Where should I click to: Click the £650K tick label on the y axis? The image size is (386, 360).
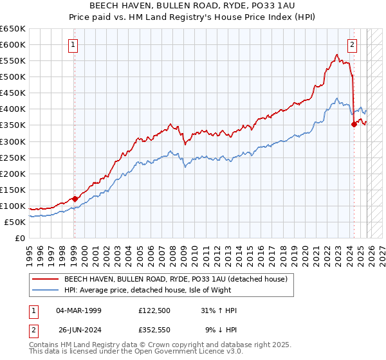(13, 29)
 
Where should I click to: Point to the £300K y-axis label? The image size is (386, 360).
(13, 141)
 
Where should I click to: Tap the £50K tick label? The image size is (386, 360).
(15, 222)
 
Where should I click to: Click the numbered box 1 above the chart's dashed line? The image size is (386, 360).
(74, 45)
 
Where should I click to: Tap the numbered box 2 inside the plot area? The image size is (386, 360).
(353, 45)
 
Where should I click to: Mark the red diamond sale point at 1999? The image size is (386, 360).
(75, 199)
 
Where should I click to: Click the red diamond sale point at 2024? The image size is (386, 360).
(354, 125)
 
